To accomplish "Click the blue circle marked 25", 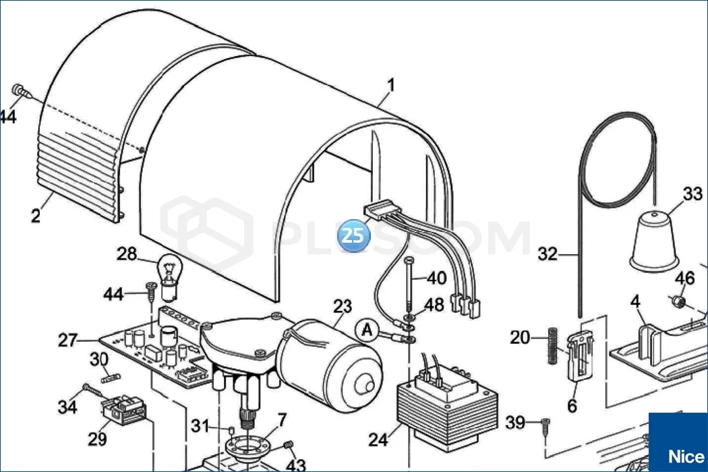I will coord(355,235).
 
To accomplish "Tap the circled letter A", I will coord(367,329).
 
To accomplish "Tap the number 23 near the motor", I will coord(342,307).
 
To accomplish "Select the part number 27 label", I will coord(69,341).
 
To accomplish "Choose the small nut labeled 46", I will coord(680,299).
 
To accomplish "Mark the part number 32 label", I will coord(548,254).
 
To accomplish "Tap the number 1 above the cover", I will coord(391,86).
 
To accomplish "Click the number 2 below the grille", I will coord(36,216).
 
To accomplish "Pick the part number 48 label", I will coord(435,305).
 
